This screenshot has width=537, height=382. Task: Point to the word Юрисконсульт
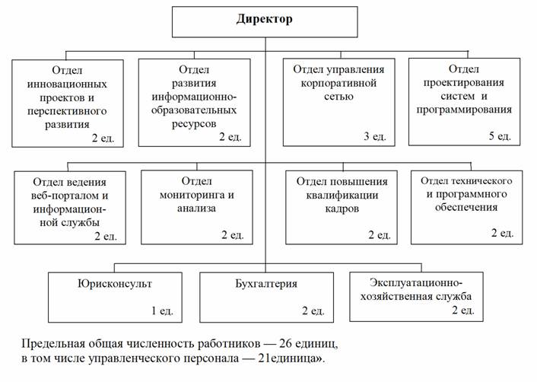115,284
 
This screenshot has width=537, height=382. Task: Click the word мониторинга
190,195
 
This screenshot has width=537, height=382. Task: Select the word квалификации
342,195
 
